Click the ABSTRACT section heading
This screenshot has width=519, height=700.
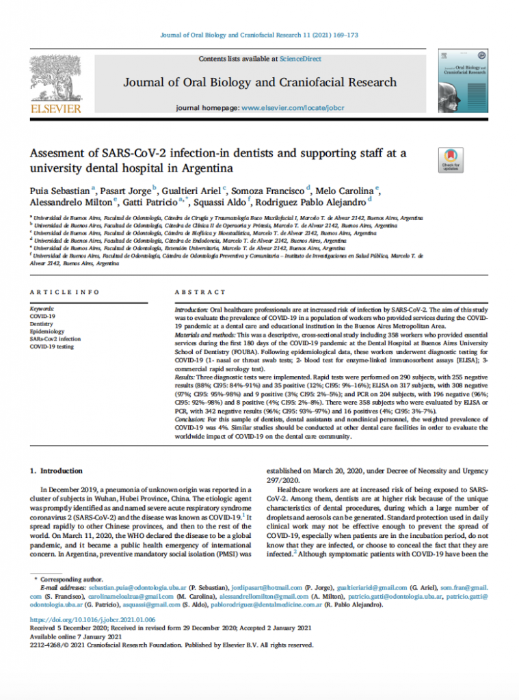pyautogui.click(x=200, y=292)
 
